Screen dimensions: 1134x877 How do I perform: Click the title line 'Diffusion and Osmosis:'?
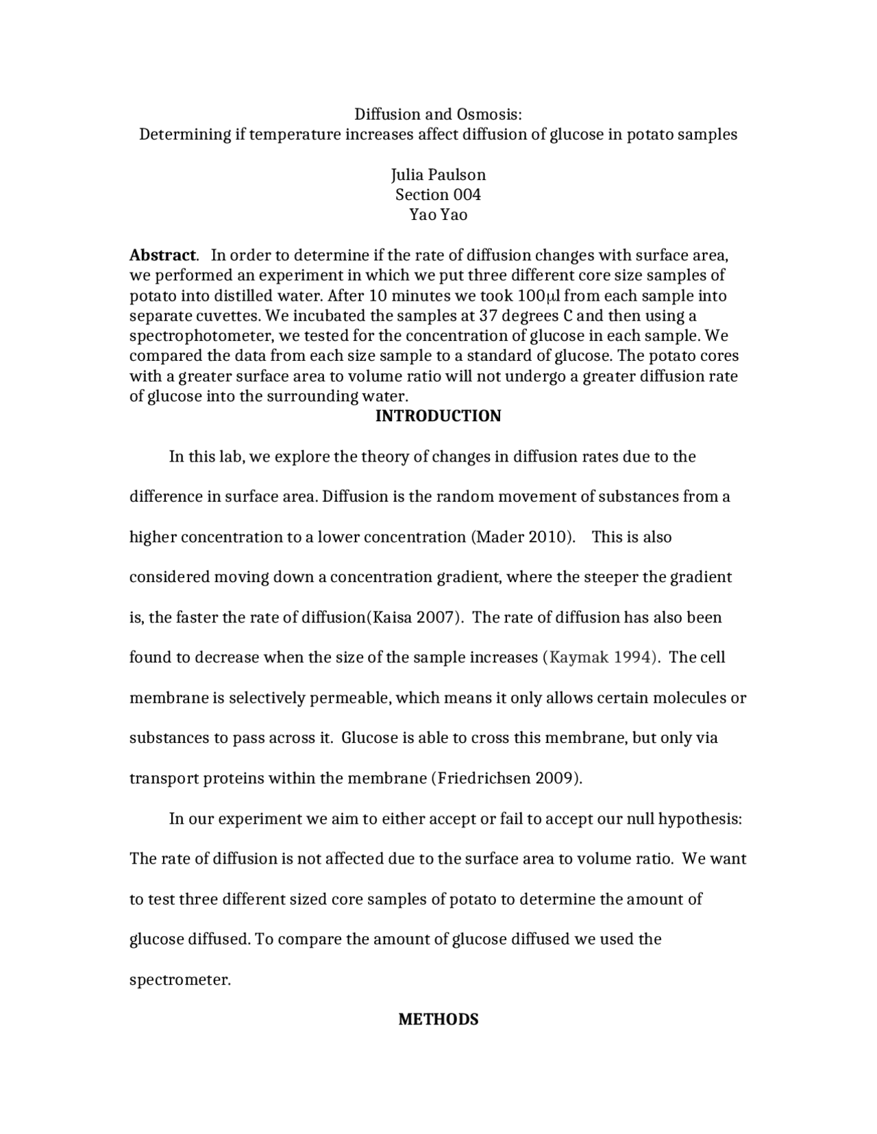pos(438,114)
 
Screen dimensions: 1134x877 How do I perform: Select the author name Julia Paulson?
pos(438,175)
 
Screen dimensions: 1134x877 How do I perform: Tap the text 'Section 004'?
pos(438,194)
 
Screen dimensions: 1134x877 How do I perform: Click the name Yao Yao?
pos(438,215)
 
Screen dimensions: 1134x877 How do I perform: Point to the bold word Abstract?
pos(163,255)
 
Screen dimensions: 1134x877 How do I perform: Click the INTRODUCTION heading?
pos(438,416)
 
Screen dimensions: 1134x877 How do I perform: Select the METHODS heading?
pos(438,1020)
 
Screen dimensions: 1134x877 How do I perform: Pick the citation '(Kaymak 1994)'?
pos(602,657)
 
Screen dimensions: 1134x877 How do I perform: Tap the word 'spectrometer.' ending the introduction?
pos(180,980)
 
